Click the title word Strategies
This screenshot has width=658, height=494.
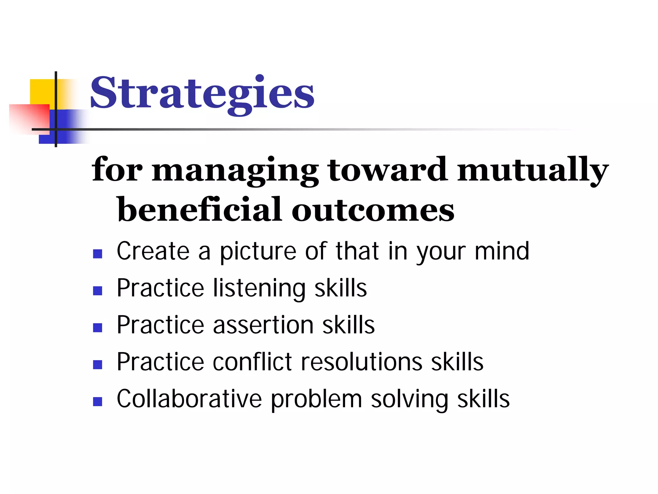(202, 93)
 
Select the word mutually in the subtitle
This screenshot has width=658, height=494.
(532, 170)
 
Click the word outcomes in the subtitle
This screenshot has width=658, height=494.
(373, 211)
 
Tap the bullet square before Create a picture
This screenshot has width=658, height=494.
(97, 254)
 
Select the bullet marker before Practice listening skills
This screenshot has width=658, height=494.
(97, 291)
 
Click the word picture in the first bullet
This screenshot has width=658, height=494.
(258, 252)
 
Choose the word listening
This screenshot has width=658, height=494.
(259, 288)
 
